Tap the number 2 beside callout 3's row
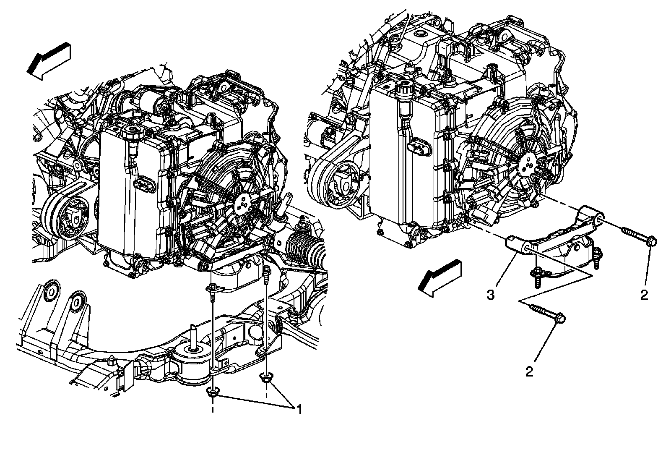(644, 295)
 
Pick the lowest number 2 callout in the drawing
(529, 371)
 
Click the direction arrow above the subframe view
(48, 61)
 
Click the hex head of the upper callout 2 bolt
(651, 242)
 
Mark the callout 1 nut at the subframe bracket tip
(265, 377)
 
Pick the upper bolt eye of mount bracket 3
(599, 215)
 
